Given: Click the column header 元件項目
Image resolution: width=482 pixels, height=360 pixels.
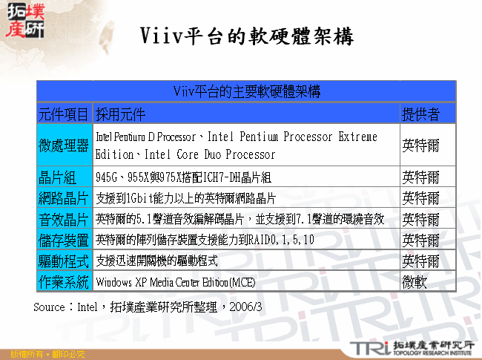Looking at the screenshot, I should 65,114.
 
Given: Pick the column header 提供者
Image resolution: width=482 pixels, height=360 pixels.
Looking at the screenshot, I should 420,114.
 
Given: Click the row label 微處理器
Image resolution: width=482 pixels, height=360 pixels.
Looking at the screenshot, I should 65,145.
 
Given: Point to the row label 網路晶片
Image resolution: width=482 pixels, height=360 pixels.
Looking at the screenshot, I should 65,198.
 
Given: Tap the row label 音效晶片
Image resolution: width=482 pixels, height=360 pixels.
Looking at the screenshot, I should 65,219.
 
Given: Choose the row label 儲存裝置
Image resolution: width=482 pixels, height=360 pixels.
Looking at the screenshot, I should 65,240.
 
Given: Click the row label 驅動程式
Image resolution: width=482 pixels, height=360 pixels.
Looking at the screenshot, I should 65,261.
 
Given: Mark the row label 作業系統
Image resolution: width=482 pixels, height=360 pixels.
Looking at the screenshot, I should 65,282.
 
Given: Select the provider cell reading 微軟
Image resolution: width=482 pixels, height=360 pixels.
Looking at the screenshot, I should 415,282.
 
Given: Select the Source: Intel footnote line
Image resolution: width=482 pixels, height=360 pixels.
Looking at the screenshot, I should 148,306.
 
